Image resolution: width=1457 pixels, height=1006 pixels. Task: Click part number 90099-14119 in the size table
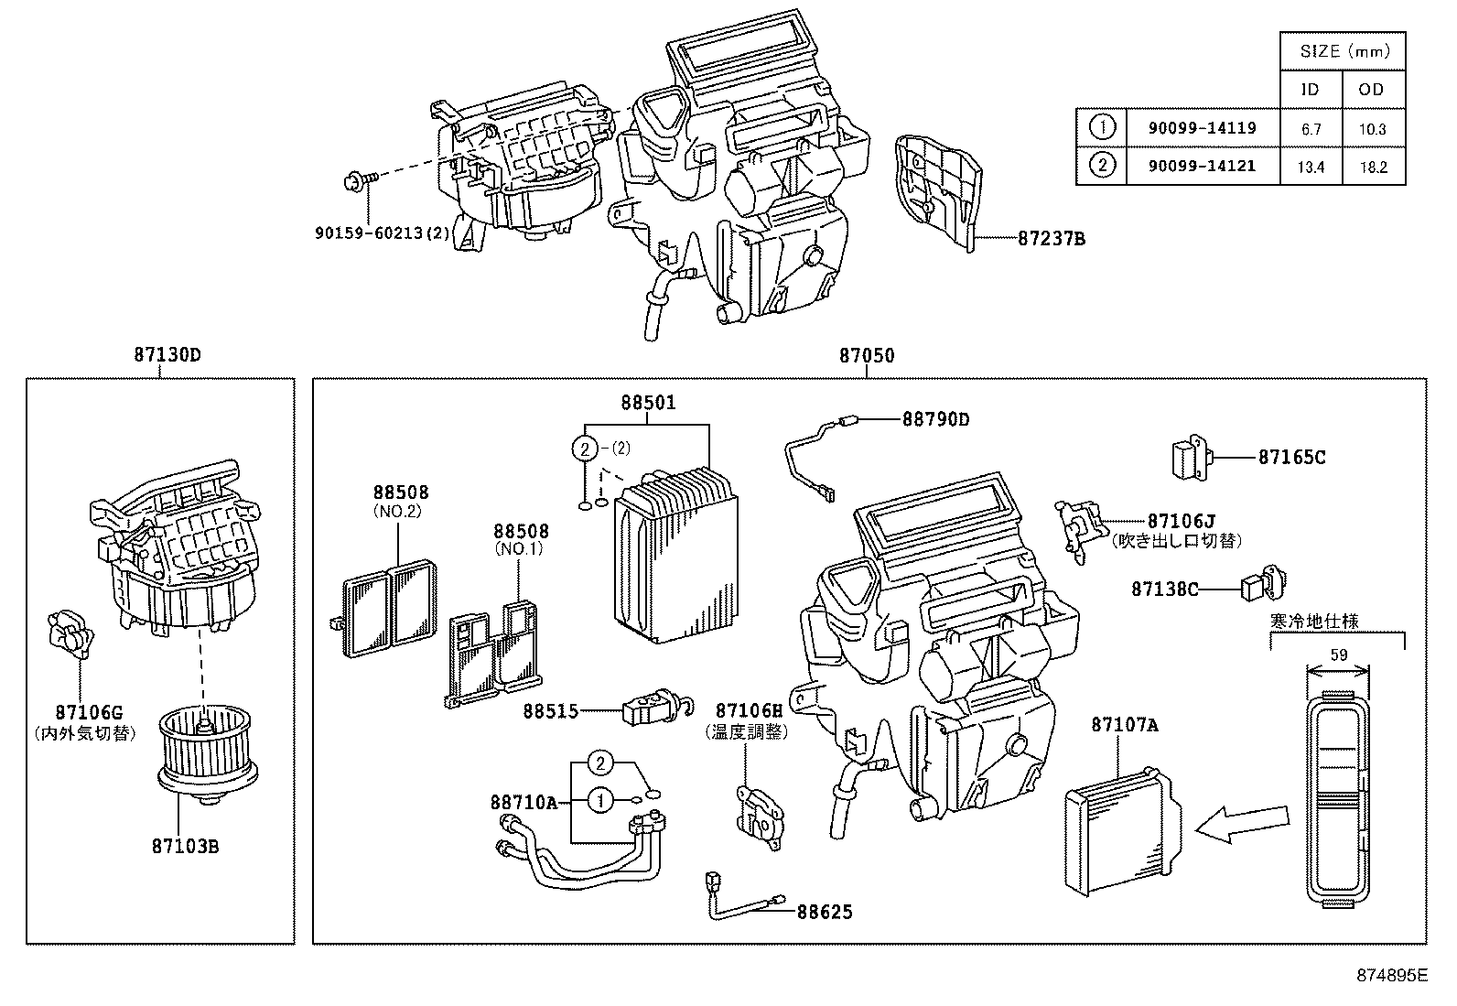(1202, 128)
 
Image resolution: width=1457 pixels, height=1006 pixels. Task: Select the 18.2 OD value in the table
(1373, 167)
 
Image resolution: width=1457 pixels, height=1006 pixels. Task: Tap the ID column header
(1311, 90)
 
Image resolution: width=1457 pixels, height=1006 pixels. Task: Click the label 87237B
(1052, 238)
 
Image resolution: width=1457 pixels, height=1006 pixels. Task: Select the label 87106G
(88, 711)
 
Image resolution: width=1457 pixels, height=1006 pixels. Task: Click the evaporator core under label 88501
(675, 554)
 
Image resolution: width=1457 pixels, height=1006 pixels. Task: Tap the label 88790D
(935, 419)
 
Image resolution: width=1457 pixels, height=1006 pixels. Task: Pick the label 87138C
(1164, 590)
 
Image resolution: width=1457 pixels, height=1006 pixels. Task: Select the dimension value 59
(1338, 654)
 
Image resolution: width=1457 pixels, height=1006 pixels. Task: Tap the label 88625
(824, 912)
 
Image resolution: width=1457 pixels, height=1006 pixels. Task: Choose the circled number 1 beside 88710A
(600, 801)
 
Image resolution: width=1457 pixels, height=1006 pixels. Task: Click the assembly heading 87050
(867, 355)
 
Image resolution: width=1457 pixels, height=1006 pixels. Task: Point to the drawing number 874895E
(1391, 975)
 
